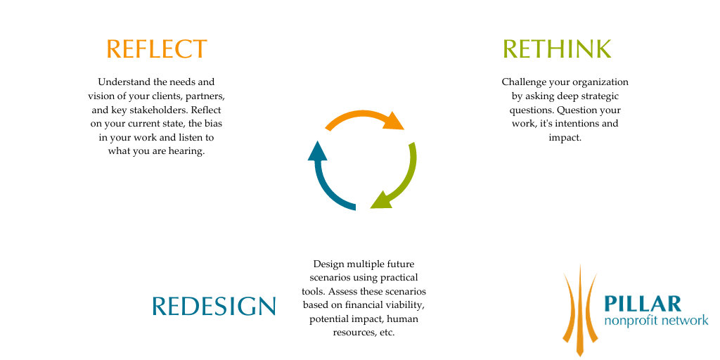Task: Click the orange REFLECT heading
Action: tap(157, 49)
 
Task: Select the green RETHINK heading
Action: tap(557, 49)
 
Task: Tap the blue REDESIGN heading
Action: tap(214, 306)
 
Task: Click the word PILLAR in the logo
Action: tap(643, 304)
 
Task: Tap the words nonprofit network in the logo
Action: tap(656, 320)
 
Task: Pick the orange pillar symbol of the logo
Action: tap(580, 310)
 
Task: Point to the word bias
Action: tap(214, 124)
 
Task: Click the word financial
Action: tap(364, 305)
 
